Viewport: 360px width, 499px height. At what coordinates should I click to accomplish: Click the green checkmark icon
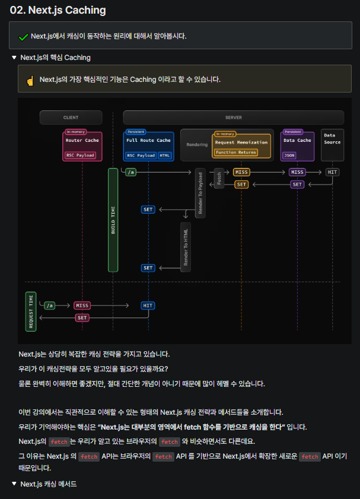coord(23,37)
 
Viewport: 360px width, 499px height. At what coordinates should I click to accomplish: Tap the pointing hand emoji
coord(30,81)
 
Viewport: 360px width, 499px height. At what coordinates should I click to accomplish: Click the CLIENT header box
coord(71,117)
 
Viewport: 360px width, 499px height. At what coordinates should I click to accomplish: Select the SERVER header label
coord(234,117)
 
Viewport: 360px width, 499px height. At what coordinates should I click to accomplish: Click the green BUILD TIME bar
coord(113,220)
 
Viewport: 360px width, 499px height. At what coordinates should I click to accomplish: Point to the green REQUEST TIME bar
coord(31,312)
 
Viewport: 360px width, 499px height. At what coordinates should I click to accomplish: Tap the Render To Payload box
coord(200,193)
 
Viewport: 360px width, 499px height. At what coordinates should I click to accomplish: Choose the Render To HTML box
coord(186,247)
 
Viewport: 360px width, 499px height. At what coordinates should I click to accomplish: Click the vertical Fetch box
coord(219,178)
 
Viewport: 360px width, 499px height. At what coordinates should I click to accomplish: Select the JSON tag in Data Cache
coord(289,155)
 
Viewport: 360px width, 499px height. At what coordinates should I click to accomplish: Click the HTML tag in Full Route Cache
coord(165,155)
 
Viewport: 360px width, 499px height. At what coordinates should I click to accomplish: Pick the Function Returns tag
coord(235,152)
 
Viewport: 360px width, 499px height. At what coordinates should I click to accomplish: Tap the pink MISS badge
coord(82,306)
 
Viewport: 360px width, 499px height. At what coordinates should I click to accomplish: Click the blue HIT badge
coord(148,306)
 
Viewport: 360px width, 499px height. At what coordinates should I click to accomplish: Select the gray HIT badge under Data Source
coord(332,172)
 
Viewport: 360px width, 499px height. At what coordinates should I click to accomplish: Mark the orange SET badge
coord(241,185)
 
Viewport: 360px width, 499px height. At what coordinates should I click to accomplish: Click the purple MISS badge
coord(297,172)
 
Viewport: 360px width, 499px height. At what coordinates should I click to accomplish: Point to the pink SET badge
coord(82,317)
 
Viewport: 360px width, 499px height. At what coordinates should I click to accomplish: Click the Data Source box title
coord(332,139)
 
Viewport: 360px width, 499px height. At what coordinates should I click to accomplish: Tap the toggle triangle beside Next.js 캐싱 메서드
coord(14,484)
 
